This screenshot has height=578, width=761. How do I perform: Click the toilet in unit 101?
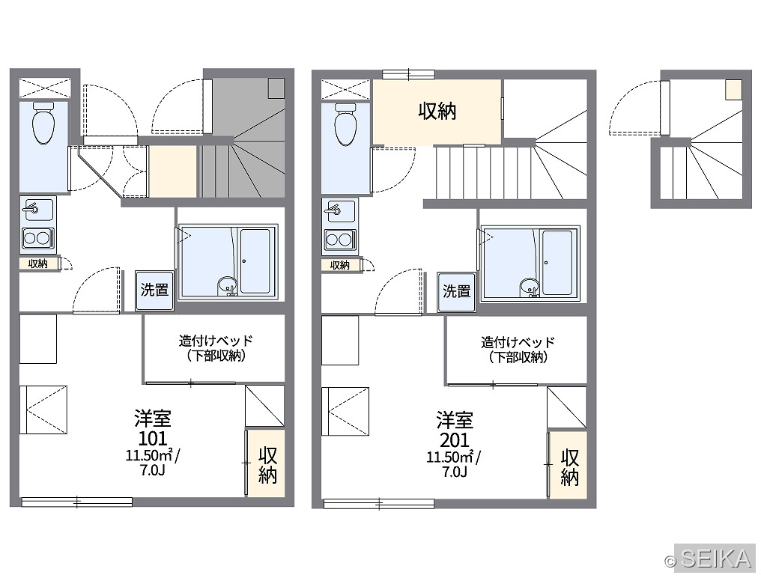43,124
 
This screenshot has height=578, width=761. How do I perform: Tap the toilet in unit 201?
345,124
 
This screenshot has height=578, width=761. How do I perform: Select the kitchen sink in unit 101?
38,210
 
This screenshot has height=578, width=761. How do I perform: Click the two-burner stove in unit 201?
340,240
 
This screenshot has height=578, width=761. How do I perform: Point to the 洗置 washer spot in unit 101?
154,290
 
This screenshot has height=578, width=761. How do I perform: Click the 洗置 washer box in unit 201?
456,292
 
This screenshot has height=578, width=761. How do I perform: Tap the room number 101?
153,438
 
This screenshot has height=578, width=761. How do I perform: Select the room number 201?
455,439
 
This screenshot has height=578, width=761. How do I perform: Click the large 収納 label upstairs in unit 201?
437,111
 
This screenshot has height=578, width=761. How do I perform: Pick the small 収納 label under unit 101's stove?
38,264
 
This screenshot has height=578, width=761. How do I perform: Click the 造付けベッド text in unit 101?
216,340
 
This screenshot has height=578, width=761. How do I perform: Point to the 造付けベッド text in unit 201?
518,342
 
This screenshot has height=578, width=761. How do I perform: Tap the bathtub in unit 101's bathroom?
255,261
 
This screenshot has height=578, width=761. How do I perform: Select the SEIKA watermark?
709,559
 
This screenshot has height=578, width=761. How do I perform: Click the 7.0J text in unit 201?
455,471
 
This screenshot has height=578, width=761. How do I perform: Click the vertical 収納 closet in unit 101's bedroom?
265,463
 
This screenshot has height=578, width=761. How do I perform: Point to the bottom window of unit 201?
379,504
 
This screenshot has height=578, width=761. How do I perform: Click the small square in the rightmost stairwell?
734,89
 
